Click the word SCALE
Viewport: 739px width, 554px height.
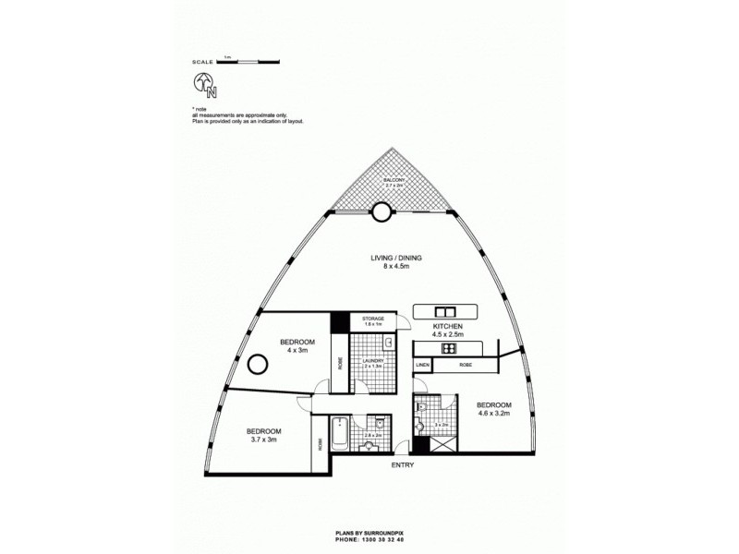pos(203,62)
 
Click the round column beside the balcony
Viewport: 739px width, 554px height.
pos(381,213)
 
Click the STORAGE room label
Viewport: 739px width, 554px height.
pos(373,319)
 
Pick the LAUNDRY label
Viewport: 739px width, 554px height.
pos(372,361)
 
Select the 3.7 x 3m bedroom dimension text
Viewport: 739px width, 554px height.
pos(264,440)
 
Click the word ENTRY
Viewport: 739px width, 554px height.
pos(402,465)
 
